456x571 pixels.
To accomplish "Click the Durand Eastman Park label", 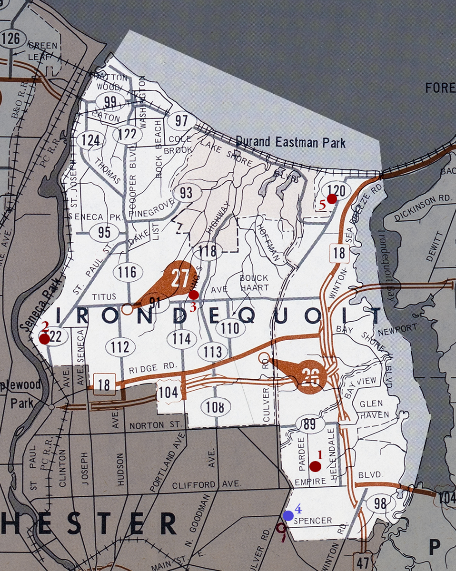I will pyautogui.click(x=291, y=142).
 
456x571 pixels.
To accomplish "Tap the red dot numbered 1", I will pyautogui.click(x=315, y=466).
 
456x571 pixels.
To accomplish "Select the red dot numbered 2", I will pyautogui.click(x=44, y=339).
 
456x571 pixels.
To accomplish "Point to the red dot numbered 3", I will pyautogui.click(x=194, y=295).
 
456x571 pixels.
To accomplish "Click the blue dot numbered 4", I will pyautogui.click(x=287, y=515).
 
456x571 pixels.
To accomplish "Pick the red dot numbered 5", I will pyautogui.click(x=332, y=199).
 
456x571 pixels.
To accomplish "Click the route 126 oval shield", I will pyautogui.click(x=11, y=39).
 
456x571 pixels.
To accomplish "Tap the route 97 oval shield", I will pyautogui.click(x=181, y=120).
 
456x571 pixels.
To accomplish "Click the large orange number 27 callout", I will pyautogui.click(x=179, y=279).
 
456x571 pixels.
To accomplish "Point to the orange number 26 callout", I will pyautogui.click(x=310, y=376).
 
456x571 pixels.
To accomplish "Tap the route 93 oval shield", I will pyautogui.click(x=186, y=193).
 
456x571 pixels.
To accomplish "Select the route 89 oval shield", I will pyautogui.click(x=310, y=424).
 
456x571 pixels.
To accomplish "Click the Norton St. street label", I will pyautogui.click(x=152, y=423).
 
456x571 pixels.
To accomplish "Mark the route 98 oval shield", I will pyautogui.click(x=380, y=504).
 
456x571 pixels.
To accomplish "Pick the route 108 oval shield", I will pyautogui.click(x=216, y=407).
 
